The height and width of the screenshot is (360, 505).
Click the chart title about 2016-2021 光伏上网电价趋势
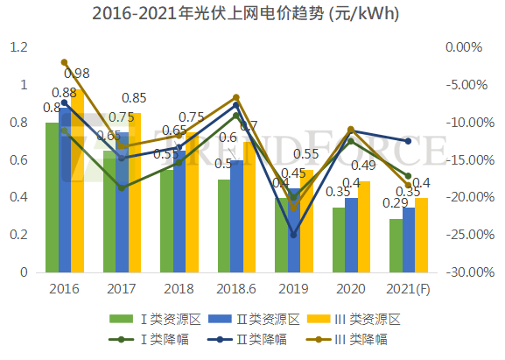coord(252,14)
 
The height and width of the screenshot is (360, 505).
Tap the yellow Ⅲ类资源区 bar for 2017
coord(134,193)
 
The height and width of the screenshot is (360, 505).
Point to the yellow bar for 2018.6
coord(249,207)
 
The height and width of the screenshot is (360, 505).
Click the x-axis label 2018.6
coord(236,288)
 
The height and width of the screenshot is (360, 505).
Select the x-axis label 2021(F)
coord(409,288)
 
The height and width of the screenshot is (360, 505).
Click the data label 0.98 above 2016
coord(77,74)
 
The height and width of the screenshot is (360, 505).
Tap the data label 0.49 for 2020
coord(362,166)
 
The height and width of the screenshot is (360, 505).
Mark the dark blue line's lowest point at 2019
coord(293,235)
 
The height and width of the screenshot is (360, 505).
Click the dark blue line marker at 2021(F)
coord(408,141)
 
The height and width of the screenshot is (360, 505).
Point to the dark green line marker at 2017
coord(122,188)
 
